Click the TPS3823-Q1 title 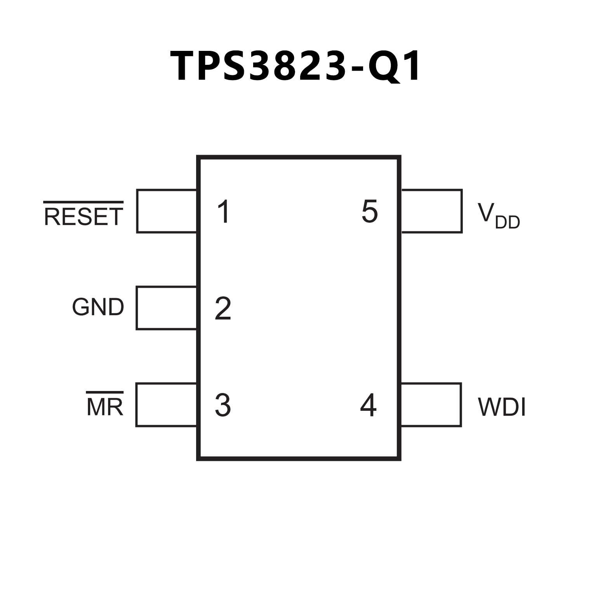295,66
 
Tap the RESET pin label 83,217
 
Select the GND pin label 98,307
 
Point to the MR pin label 104,407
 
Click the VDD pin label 498,216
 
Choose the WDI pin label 501,407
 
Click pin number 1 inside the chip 224,212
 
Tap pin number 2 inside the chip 223,308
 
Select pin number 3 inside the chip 223,405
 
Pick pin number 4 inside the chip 368,405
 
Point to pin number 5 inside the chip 369,212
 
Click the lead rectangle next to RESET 167,211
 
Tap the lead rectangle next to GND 166,308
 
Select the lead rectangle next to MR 166,405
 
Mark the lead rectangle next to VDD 431,211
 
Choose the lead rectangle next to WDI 431,405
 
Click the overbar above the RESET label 83,202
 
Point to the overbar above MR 104,393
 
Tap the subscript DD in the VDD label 507,222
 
